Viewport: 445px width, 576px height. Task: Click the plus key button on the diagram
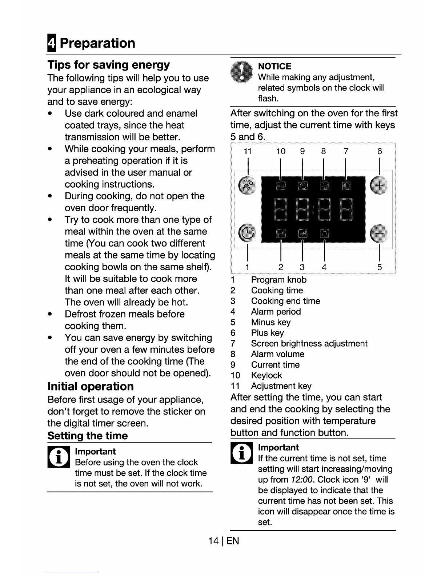tap(379, 185)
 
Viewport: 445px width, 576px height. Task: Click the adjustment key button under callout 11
tap(248, 185)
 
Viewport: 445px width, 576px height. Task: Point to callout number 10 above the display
tap(281, 151)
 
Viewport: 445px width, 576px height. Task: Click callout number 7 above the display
tap(346, 151)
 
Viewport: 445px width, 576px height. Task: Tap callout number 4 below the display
tap(324, 267)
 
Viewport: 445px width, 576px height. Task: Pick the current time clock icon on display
tap(302, 186)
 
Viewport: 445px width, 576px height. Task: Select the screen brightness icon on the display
tap(346, 186)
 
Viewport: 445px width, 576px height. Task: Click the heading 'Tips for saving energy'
tap(108, 65)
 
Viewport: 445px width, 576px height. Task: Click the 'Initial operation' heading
tap(91, 386)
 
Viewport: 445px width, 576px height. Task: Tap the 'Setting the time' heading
tap(88, 436)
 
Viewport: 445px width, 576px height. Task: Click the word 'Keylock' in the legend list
tap(266, 375)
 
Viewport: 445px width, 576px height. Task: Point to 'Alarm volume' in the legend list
tap(277, 354)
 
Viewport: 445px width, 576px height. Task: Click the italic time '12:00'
tap(302, 480)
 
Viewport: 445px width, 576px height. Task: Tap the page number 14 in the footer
tap(213, 541)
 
